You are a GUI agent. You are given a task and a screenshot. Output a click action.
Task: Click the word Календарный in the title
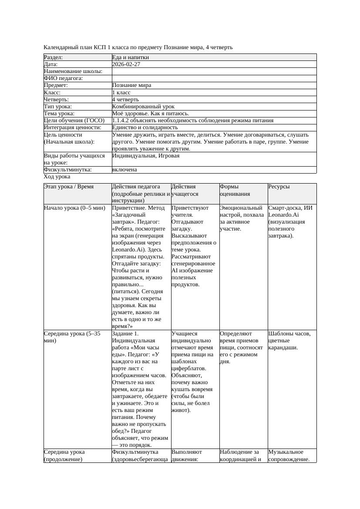tap(60, 47)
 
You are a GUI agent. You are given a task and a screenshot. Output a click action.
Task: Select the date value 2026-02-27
tap(126, 64)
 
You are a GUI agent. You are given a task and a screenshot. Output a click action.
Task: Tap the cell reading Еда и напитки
tap(131, 57)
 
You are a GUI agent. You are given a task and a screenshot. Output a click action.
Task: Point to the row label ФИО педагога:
tap(64, 78)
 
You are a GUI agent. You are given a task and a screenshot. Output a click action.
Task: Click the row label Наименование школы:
tap(73, 71)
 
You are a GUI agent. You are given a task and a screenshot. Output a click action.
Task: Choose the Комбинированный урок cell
tap(143, 107)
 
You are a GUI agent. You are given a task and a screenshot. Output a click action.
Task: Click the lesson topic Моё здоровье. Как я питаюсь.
tap(150, 114)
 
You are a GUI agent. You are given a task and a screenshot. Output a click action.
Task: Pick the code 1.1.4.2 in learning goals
tap(121, 121)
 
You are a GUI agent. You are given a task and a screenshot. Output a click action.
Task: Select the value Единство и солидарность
tap(145, 127)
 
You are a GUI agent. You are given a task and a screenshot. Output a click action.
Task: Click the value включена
tap(124, 170)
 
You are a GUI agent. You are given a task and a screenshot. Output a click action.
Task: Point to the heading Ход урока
tap(57, 177)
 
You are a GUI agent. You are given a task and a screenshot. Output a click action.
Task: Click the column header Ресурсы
tap(279, 187)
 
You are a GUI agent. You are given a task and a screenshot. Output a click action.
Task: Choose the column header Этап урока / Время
tap(65, 187)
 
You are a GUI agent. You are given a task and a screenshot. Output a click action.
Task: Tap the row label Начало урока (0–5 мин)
tap(74, 208)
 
